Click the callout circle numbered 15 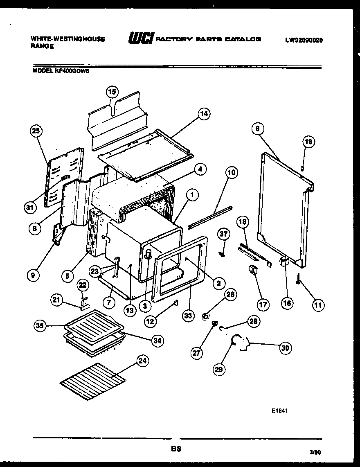(112, 92)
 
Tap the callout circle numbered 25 (37, 131)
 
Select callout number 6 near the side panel (257, 129)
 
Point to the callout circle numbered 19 (309, 142)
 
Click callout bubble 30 (285, 348)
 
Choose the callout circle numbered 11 (318, 305)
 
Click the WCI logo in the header (140, 39)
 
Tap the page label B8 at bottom (176, 449)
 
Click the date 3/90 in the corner (315, 453)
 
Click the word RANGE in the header (42, 46)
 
